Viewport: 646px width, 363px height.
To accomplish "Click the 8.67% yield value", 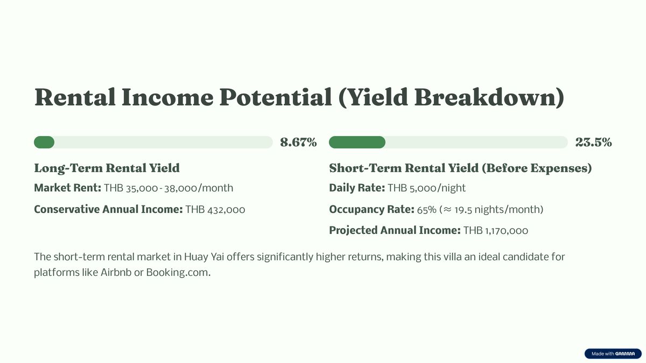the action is tap(298, 143).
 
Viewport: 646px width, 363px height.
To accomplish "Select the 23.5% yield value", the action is tap(593, 143).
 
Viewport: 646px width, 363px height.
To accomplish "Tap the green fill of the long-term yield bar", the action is tap(44, 143).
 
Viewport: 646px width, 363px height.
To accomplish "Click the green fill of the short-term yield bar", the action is tap(357, 143).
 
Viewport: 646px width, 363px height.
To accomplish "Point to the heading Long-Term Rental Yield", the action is tap(107, 168).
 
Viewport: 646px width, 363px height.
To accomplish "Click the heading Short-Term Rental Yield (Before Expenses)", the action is tap(460, 168).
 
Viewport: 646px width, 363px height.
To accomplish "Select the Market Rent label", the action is tap(67, 188).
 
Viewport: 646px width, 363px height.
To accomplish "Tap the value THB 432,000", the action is tap(215, 209).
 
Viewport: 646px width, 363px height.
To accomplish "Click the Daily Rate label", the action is tap(357, 188).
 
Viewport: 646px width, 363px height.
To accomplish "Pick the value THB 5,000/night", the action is tap(426, 188).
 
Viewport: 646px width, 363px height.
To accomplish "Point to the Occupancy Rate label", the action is tap(372, 209).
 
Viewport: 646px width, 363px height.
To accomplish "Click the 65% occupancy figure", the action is tap(426, 210).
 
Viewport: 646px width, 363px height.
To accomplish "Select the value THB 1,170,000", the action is tap(496, 231).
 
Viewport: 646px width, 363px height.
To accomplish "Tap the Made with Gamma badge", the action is tap(613, 353).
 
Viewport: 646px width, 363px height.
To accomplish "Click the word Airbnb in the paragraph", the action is tap(116, 273).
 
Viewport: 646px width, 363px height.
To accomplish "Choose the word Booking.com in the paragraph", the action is tap(178, 273).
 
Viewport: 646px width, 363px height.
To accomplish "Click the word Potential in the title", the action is tap(276, 97).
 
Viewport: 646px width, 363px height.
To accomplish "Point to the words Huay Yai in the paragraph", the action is tap(204, 257).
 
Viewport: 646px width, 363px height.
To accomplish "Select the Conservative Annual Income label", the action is tap(108, 209).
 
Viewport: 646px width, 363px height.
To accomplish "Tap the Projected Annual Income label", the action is tap(395, 231).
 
